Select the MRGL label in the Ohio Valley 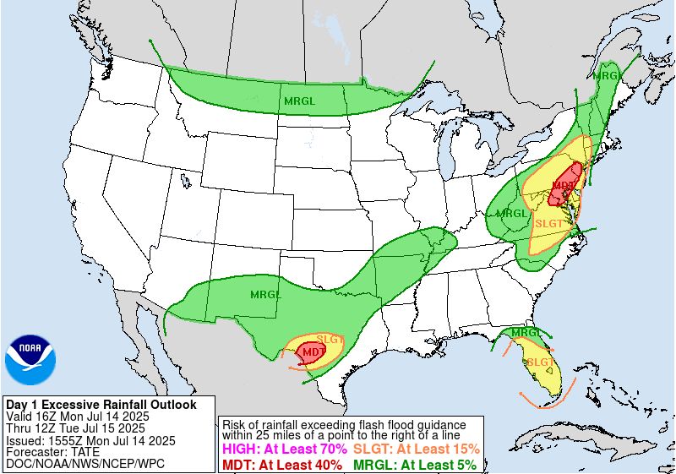512,213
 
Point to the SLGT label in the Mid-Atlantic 549,222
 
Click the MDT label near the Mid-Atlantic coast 564,185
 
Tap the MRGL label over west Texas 265,294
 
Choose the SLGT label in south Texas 330,339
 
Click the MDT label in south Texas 313,351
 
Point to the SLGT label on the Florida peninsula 539,362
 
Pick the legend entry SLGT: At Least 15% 416,449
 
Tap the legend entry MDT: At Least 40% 282,464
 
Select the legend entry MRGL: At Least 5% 414,464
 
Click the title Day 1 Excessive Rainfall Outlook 101,405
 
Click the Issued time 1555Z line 90,440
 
